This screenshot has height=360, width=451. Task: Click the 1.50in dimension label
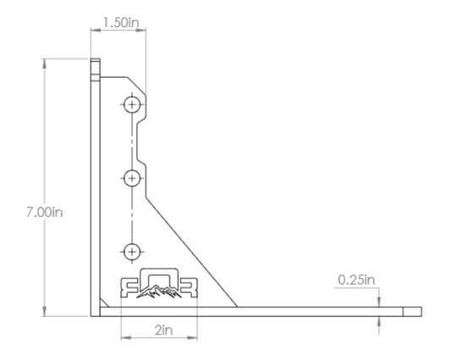[x=119, y=22]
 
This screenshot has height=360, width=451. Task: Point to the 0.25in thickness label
[x=356, y=279]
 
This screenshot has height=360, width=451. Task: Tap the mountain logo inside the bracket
[x=158, y=294]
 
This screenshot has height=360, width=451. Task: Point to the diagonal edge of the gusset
[x=195, y=246]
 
